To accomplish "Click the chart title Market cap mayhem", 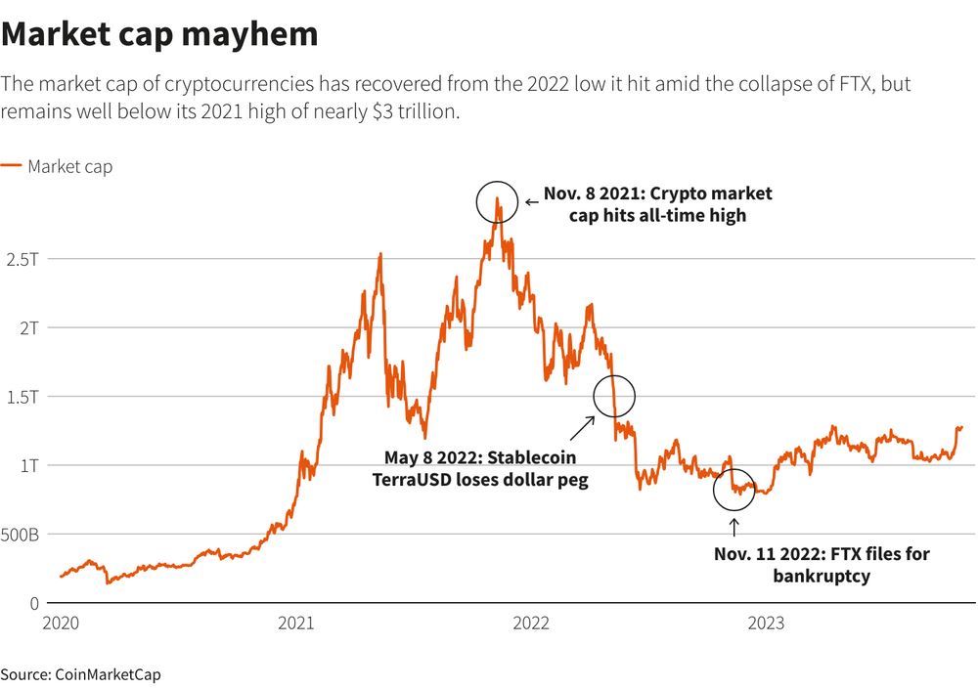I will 159,34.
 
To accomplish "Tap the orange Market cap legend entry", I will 57,167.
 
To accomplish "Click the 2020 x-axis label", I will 62,623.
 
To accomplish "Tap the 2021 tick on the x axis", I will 296,623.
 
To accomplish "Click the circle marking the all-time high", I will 497,201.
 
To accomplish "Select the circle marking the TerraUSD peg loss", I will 614,396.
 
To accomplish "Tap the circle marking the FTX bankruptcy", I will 734,490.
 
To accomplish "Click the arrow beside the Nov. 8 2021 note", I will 531,202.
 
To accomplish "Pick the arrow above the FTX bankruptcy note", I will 734,528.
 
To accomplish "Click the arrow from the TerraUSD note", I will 584,427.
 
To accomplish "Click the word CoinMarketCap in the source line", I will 107,674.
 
